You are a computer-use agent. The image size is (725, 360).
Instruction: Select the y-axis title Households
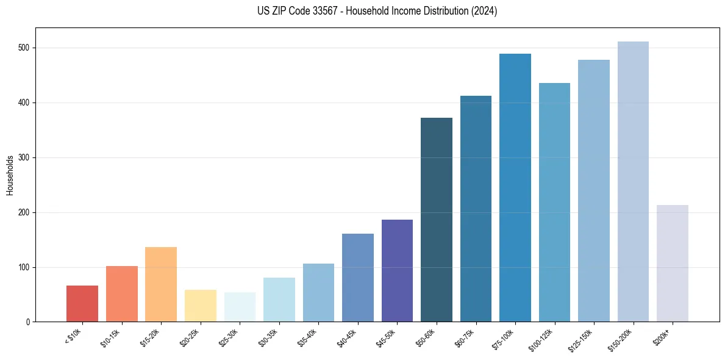coord(10,175)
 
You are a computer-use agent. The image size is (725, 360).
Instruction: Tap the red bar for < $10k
coord(82,303)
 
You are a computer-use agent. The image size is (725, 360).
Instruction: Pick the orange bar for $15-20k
coord(161,284)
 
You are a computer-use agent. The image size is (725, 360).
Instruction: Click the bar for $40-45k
coord(358,278)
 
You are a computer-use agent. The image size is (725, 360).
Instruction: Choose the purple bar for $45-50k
coord(397,270)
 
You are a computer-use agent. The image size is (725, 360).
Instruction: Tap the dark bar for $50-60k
coord(437,220)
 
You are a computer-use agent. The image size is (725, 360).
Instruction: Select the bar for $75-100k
coord(515,188)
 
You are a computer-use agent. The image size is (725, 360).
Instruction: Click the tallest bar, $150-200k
coord(633,182)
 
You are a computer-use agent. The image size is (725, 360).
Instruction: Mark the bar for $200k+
coord(673,263)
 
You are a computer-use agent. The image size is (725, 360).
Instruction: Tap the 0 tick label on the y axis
coord(29,322)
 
